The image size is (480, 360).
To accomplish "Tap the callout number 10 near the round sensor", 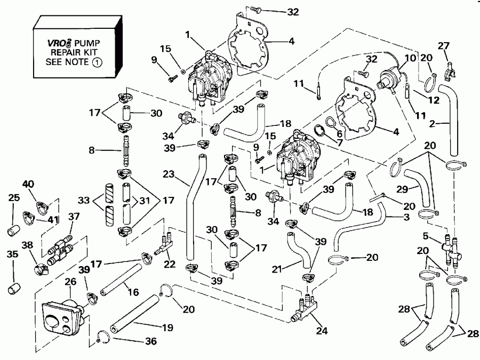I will click(x=410, y=57).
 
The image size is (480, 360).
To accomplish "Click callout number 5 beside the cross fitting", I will click(x=425, y=236).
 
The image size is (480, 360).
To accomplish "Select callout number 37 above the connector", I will click(x=74, y=216).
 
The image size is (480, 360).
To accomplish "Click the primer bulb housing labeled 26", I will click(x=63, y=317).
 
